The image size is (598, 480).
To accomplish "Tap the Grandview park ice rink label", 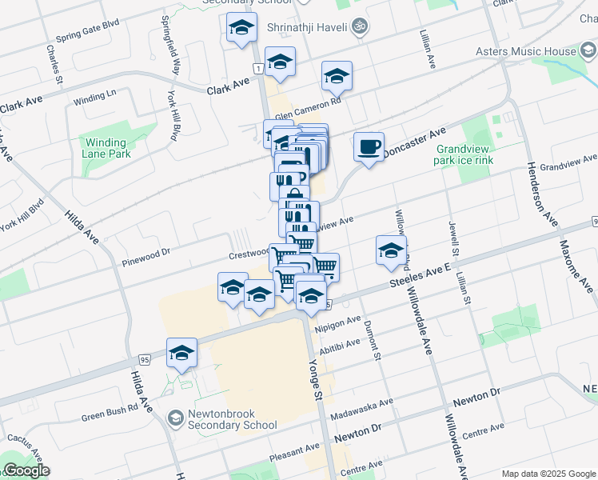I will click(x=464, y=155).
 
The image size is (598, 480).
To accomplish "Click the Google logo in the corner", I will click(x=26, y=470).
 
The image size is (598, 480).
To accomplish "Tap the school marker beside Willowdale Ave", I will click(x=391, y=250).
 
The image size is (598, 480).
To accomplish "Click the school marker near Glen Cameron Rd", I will click(x=337, y=77).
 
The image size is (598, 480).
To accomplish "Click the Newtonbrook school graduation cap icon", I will click(x=174, y=418).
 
